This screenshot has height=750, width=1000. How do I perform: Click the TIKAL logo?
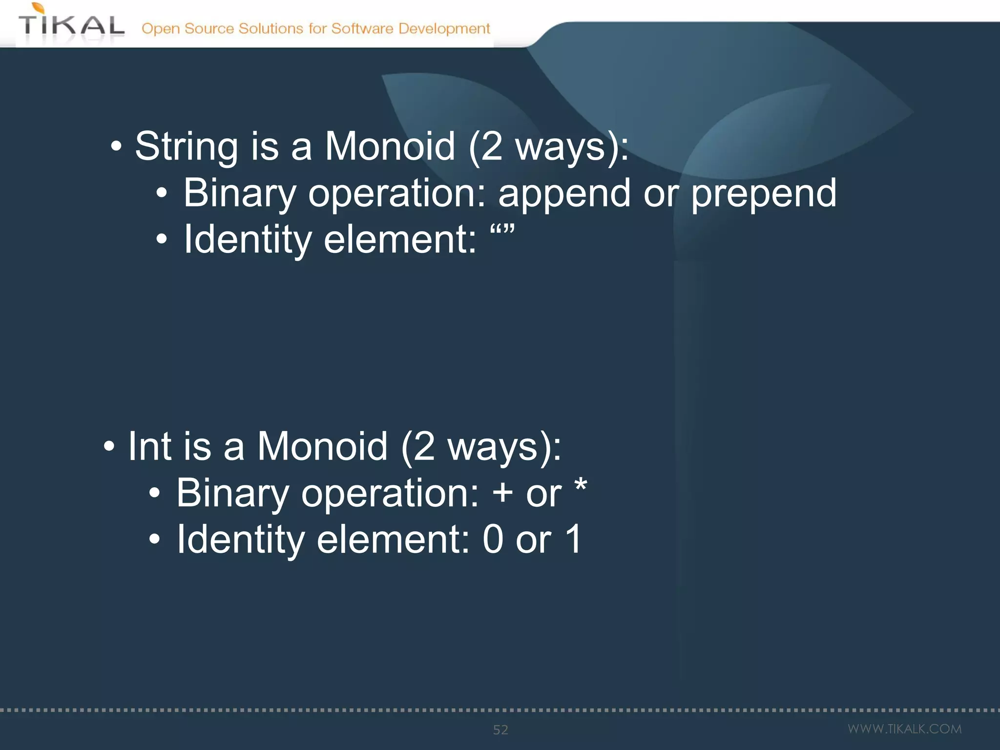click(x=71, y=24)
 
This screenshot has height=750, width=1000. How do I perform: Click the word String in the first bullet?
click(x=186, y=147)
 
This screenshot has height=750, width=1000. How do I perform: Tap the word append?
click(x=564, y=193)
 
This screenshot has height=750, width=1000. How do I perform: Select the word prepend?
click(x=764, y=193)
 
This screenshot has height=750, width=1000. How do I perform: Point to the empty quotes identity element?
click(x=502, y=230)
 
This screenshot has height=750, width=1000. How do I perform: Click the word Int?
click(x=149, y=446)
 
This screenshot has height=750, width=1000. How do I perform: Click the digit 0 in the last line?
click(x=493, y=539)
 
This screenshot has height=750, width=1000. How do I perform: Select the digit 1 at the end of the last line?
click(x=573, y=539)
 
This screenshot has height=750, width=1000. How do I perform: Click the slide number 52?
click(x=500, y=730)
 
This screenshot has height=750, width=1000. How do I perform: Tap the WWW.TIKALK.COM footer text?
click(x=904, y=729)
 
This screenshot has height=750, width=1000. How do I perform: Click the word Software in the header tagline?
click(x=362, y=28)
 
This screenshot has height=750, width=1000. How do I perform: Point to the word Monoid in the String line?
click(x=390, y=146)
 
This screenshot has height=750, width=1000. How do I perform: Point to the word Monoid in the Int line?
click(x=322, y=446)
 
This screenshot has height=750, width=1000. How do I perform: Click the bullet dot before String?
click(x=116, y=146)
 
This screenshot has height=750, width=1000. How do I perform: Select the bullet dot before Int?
click(x=109, y=446)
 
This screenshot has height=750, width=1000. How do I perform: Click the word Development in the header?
click(x=444, y=29)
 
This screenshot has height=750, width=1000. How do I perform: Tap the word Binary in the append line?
click(x=240, y=193)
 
